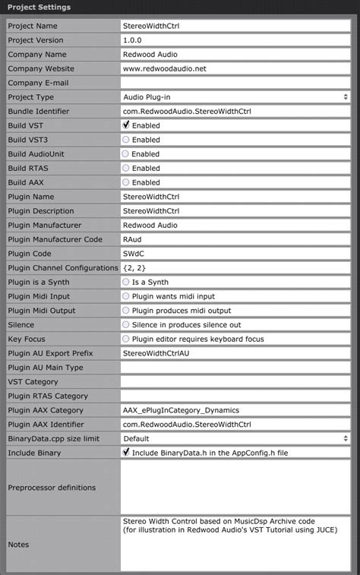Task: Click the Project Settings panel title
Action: click(39, 8)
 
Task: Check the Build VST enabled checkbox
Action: click(126, 125)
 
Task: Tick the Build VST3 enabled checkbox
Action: click(126, 140)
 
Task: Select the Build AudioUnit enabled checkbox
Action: click(126, 154)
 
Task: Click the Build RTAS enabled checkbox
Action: click(126, 168)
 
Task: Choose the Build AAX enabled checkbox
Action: click(126, 182)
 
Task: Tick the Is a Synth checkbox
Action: click(126, 282)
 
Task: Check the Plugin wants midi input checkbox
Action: click(126, 296)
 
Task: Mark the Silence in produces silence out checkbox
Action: click(126, 325)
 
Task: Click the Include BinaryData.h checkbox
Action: click(126, 453)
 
